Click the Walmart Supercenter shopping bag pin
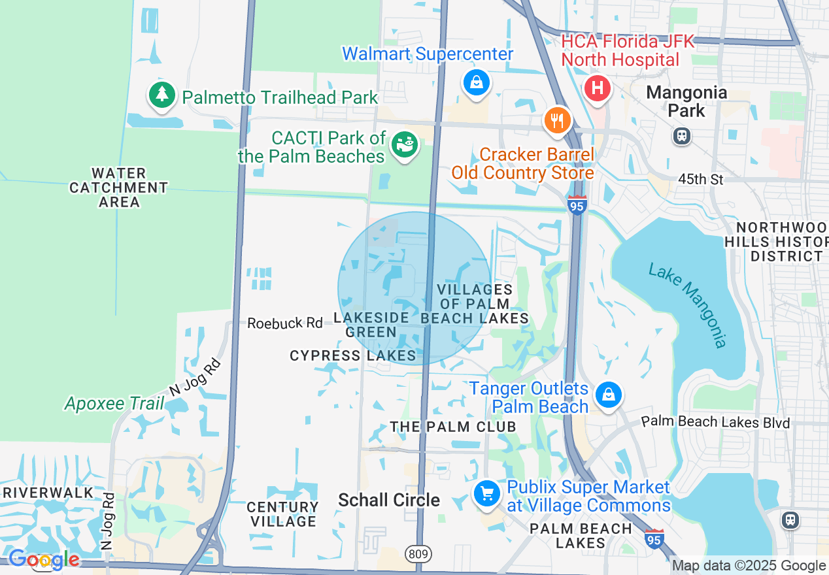click(x=477, y=83)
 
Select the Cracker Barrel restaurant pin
click(x=557, y=120)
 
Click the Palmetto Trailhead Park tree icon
click(x=162, y=95)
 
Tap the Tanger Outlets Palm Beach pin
click(x=608, y=395)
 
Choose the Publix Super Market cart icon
click(x=486, y=494)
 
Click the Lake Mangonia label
click(x=687, y=305)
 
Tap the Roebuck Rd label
click(x=285, y=323)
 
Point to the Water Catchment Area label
click(x=119, y=188)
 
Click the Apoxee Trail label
click(x=114, y=403)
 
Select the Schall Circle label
click(x=389, y=500)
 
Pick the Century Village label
click(x=282, y=514)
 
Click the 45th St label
click(x=701, y=179)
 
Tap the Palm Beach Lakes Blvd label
click(x=715, y=422)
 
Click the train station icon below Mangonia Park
click(x=681, y=136)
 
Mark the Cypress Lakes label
click(x=352, y=355)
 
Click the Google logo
click(x=43, y=559)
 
